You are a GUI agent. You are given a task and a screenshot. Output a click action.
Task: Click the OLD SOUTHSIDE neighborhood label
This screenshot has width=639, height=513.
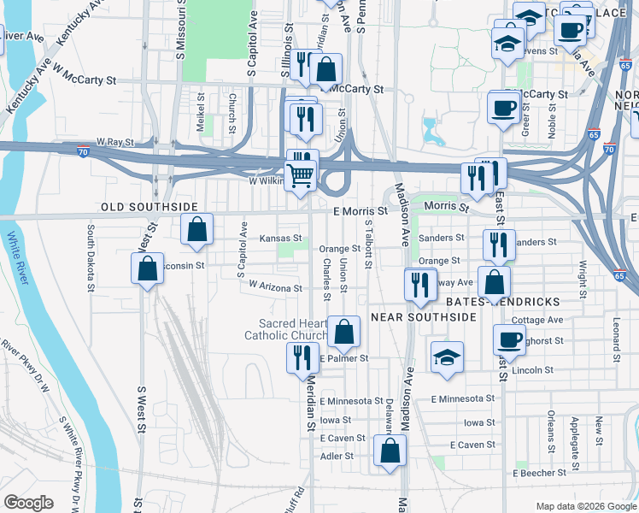click(149, 208)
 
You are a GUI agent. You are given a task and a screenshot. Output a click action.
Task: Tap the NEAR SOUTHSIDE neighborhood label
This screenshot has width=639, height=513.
click(423, 317)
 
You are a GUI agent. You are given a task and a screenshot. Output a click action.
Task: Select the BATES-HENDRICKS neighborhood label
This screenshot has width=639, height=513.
click(502, 303)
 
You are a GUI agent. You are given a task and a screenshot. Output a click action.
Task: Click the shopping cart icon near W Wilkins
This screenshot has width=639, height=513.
click(301, 176)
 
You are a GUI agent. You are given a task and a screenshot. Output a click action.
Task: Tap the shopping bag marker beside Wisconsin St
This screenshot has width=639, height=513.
click(148, 268)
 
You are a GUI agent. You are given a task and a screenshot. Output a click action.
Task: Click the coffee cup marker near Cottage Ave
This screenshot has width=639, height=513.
click(509, 339)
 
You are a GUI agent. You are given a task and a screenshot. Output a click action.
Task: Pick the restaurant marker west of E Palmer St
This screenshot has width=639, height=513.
click(302, 357)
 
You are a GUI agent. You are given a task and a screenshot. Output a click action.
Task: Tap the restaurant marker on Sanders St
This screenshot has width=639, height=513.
click(499, 245)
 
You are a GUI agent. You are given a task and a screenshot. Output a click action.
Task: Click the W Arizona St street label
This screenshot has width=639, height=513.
click(275, 288)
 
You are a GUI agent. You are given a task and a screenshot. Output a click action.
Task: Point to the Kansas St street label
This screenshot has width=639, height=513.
click(281, 239)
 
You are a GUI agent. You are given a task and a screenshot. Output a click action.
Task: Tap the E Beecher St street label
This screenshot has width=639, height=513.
click(541, 473)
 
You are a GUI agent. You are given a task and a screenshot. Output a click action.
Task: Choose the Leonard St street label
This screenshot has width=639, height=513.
click(617, 339)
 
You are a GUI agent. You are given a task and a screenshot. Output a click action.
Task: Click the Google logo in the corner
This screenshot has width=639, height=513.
click(28, 503)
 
